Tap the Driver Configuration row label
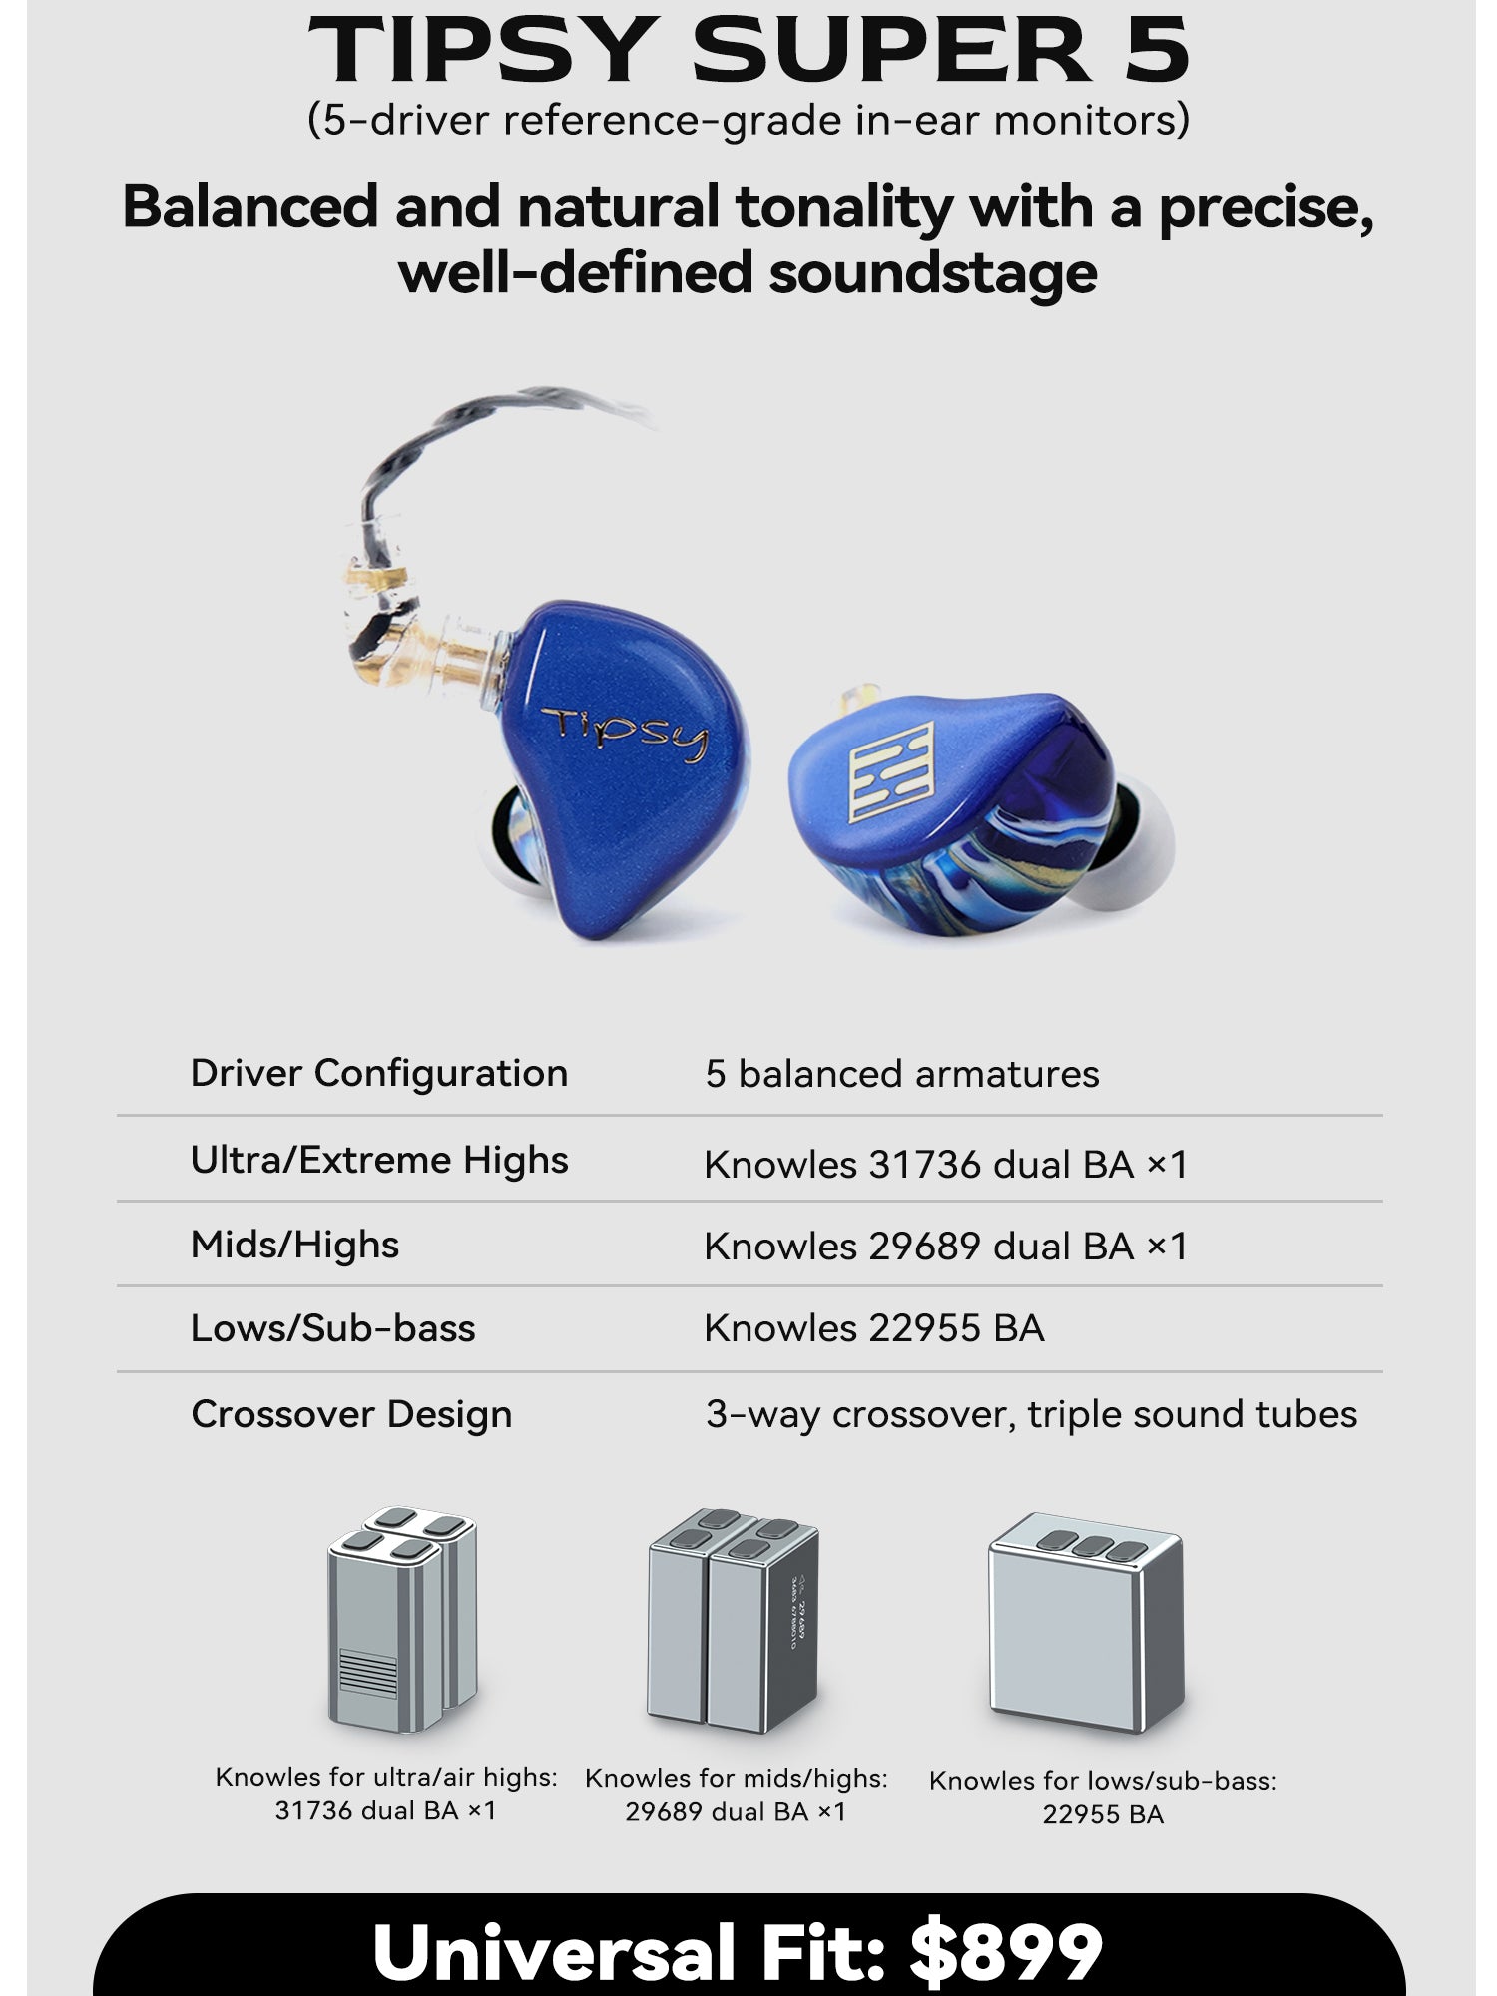[x=379, y=1074]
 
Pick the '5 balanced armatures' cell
[x=902, y=1074]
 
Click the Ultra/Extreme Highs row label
[x=379, y=1161]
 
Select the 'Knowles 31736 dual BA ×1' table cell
[x=946, y=1165]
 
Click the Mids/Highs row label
[x=294, y=1246]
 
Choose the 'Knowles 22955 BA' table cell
[x=874, y=1329]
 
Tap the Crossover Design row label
[x=351, y=1415]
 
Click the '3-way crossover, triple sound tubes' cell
[x=1032, y=1415]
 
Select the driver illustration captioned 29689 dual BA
[x=734, y=1621]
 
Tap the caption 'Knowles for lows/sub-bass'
[x=1103, y=1781]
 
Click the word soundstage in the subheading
[x=932, y=272]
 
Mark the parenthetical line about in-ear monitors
[x=748, y=120]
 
